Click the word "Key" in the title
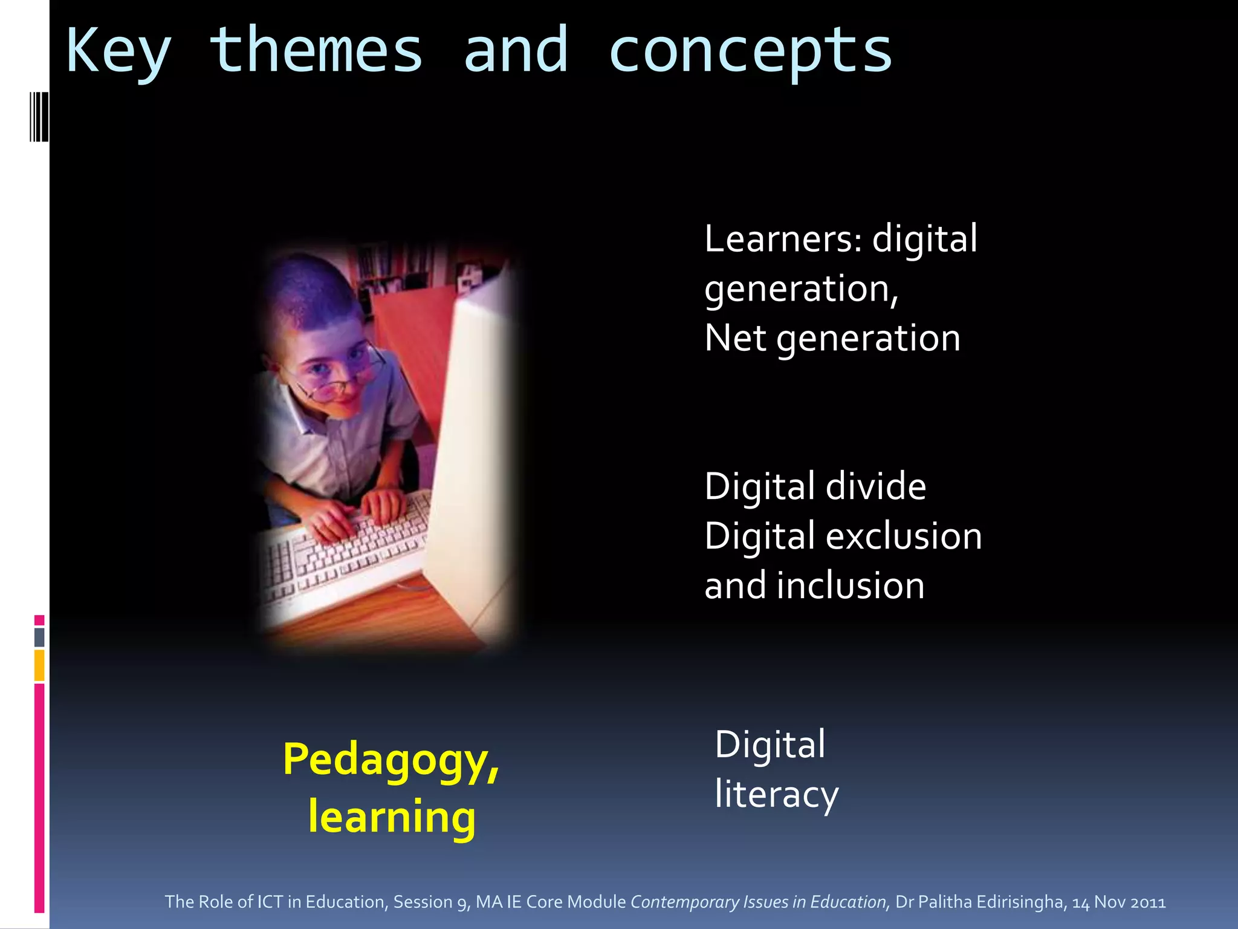[x=118, y=52]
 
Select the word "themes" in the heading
[x=316, y=51]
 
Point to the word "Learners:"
[x=783, y=239]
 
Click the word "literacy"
[x=777, y=795]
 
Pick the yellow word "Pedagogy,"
[x=391, y=761]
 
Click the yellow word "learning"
[x=392, y=817]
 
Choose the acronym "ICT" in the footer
[x=270, y=902]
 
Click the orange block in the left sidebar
[x=39, y=665]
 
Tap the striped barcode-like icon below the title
[x=39, y=117]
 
